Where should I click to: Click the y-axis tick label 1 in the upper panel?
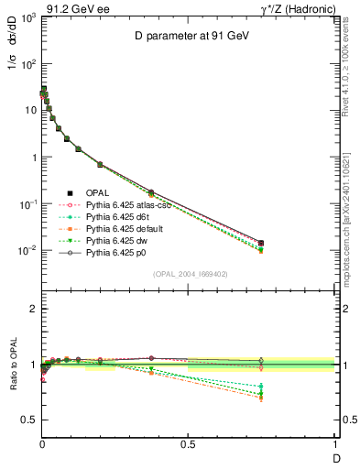(x=33, y=158)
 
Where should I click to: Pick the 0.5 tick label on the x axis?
(x=188, y=443)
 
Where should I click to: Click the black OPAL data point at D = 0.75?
(x=261, y=244)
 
